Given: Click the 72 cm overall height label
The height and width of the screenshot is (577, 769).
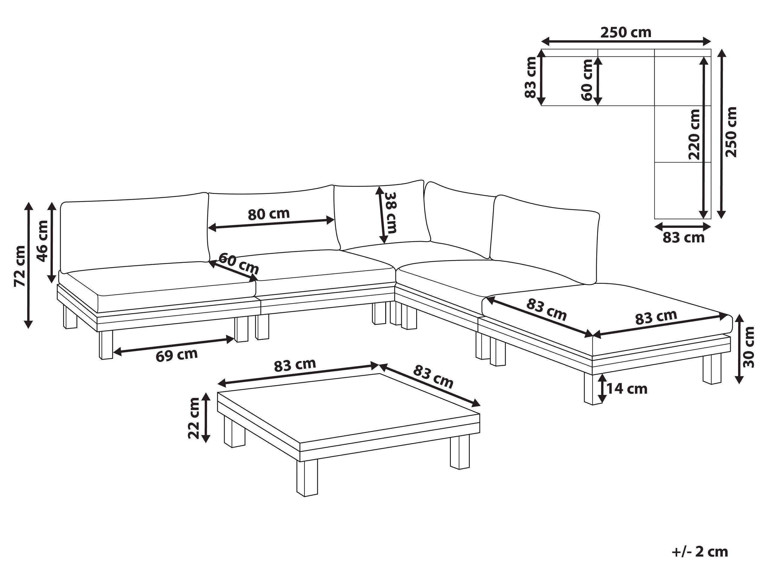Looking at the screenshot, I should tap(20, 266).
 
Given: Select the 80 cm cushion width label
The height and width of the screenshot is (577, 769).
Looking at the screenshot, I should tap(268, 214).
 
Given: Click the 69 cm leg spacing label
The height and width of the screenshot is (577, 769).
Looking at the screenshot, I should tap(177, 355).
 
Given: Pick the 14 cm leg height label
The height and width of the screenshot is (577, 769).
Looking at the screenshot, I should tap(627, 388).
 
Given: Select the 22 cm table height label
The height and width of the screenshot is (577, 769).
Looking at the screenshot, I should tap(194, 418).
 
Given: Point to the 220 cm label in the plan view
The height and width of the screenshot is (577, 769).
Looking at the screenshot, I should tap(694, 134).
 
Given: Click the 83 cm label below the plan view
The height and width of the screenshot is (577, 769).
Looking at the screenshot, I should tap(683, 238).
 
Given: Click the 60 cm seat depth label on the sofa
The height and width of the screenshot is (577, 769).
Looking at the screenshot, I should tap(239, 263).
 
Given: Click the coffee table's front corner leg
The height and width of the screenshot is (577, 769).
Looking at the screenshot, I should tap(307, 478).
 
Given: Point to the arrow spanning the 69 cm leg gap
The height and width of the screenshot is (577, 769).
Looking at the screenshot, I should tap(174, 346).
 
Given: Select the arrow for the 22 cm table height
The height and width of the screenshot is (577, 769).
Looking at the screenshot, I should tap(206, 418).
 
